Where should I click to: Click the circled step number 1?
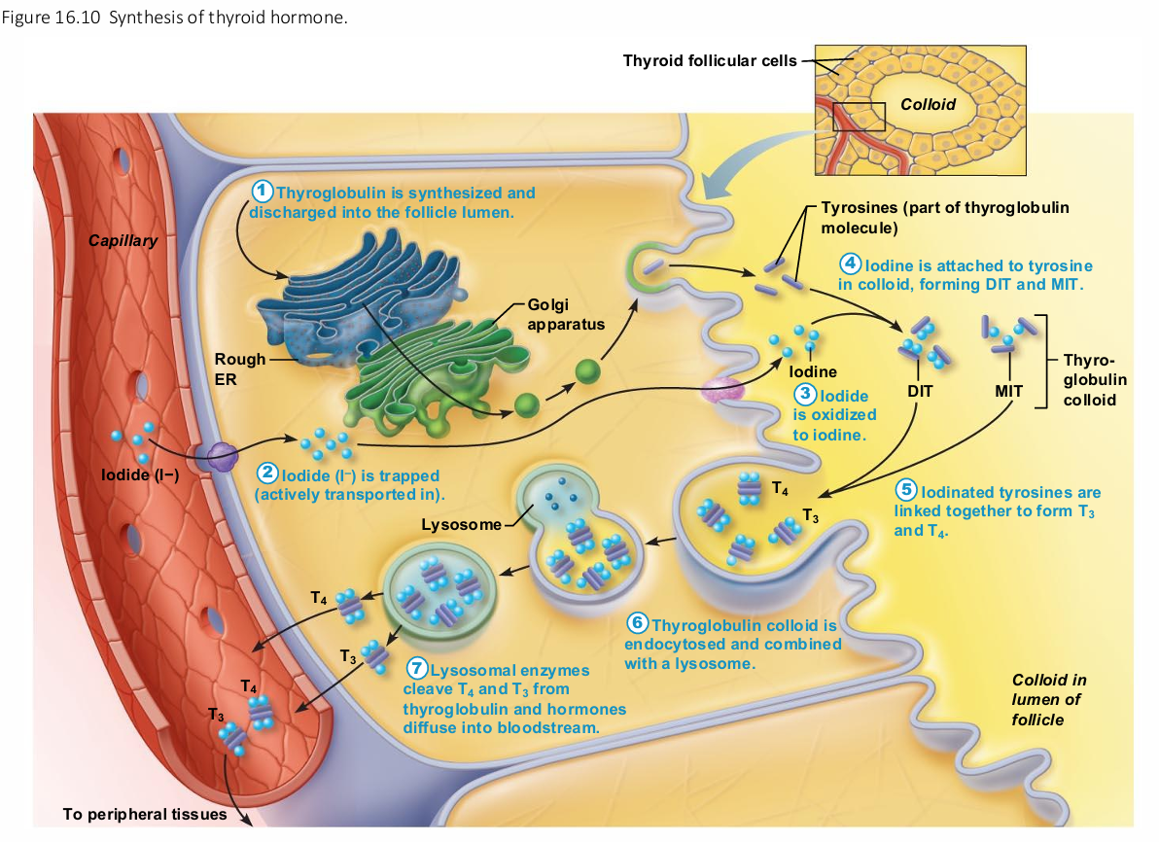click(263, 191)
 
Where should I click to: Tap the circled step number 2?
click(267, 474)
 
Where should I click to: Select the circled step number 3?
click(805, 394)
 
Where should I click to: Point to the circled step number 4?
click(851, 263)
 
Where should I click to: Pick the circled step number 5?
click(907, 492)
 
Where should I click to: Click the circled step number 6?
click(637, 623)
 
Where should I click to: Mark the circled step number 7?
click(416, 669)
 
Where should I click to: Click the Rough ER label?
click(240, 368)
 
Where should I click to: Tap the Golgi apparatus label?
click(566, 314)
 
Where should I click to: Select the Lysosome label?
click(460, 526)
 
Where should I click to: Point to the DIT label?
click(919, 391)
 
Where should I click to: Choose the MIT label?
click(1008, 391)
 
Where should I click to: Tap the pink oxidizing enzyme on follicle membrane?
click(722, 390)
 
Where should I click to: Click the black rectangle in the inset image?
click(860, 116)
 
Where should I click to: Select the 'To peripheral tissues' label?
click(144, 814)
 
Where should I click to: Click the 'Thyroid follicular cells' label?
click(709, 60)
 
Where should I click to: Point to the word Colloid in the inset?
click(928, 104)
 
